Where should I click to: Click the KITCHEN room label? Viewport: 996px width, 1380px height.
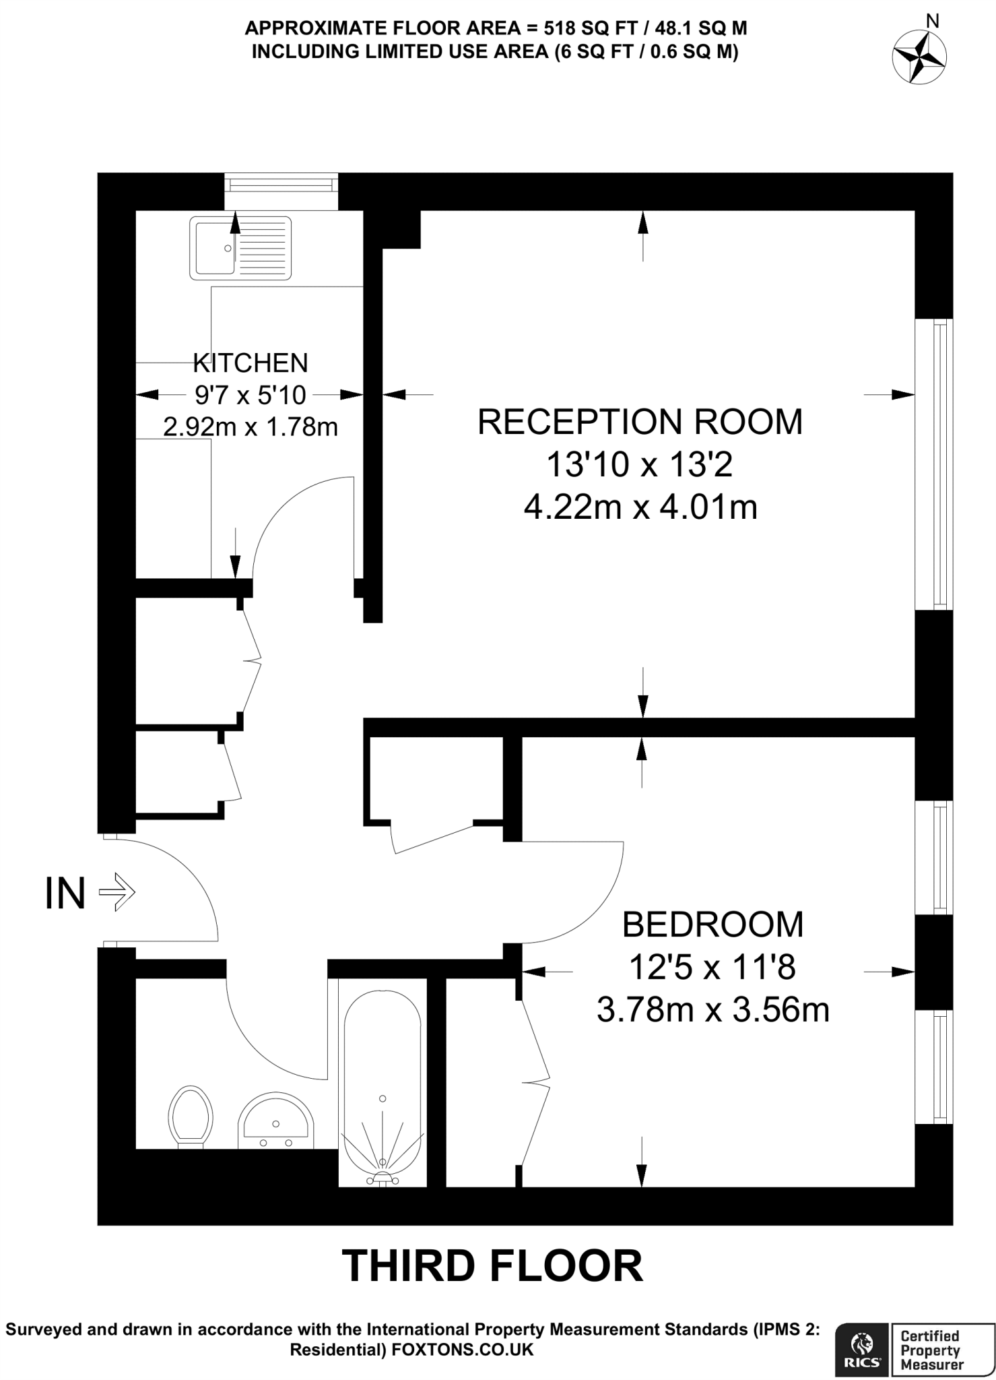(x=250, y=363)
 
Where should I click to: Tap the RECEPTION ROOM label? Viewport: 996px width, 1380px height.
(x=640, y=422)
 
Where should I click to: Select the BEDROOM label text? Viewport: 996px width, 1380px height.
(x=712, y=924)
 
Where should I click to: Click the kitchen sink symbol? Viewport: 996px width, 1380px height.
(x=240, y=248)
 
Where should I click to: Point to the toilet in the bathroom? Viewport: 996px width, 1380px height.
(x=191, y=1116)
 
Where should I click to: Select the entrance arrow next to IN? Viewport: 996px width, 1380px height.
(x=117, y=892)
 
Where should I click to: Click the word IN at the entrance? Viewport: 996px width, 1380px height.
(x=65, y=893)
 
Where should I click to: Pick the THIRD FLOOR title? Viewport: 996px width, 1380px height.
(x=493, y=1265)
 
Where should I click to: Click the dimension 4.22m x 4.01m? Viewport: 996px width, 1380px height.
(x=640, y=507)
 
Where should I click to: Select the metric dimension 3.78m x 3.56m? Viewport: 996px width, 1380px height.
(x=712, y=1010)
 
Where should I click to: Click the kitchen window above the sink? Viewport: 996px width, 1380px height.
(x=281, y=183)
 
